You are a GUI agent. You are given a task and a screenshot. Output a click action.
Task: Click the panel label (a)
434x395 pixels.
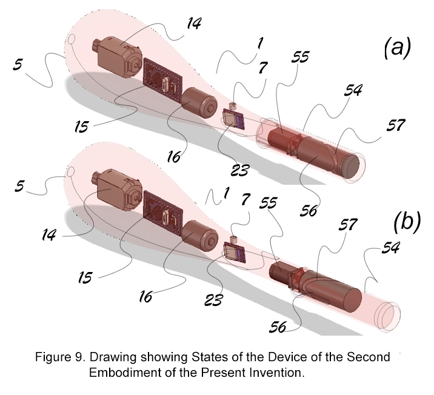398,48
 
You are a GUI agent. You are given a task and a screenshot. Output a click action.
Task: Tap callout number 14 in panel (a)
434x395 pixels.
194,23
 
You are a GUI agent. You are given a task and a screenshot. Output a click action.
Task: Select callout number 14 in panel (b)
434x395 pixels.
49,235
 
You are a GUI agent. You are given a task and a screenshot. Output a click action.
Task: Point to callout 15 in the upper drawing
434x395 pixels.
81,127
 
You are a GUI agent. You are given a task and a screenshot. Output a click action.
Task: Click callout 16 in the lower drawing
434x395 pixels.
145,296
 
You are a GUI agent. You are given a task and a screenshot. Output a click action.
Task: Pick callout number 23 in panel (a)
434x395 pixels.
240,170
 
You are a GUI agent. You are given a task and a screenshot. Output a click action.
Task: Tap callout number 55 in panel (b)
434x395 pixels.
268,203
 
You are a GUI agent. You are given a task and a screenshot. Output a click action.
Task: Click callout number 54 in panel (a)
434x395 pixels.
353,90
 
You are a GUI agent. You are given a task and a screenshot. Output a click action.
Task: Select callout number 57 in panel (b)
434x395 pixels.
348,224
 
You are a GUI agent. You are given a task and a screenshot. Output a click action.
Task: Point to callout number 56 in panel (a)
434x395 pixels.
309,211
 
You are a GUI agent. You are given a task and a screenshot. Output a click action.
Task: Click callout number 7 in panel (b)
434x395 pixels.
245,199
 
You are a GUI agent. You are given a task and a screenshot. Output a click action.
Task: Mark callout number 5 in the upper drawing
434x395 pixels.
18,64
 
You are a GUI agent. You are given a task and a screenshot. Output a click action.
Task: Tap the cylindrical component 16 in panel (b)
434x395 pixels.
199,236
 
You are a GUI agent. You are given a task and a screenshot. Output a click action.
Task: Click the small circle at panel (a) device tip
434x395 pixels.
71,39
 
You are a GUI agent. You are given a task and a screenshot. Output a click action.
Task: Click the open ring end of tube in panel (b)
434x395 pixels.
387,316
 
